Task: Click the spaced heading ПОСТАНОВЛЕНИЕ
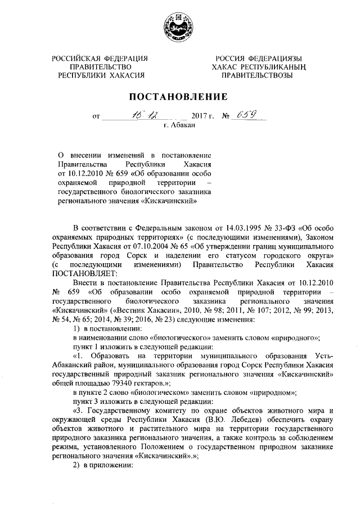[179, 96]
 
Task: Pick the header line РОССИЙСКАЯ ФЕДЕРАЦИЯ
[100, 58]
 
